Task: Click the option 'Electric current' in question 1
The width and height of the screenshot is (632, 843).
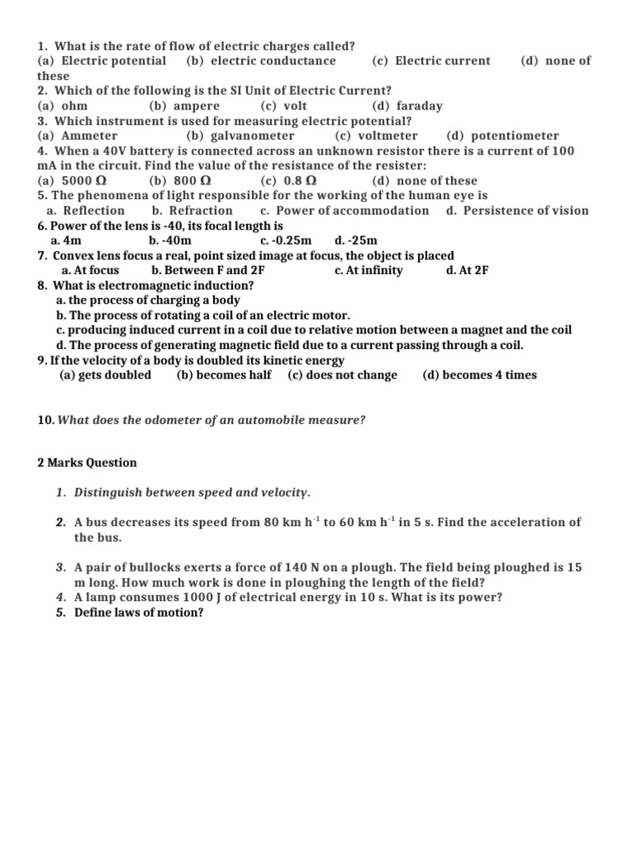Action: click(x=442, y=60)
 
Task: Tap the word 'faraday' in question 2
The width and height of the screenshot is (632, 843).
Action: click(x=419, y=105)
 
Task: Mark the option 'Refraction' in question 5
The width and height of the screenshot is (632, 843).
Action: click(x=201, y=210)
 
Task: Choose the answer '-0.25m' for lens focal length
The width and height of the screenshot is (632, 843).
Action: click(x=293, y=240)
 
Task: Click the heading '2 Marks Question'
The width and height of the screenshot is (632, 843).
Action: click(x=87, y=463)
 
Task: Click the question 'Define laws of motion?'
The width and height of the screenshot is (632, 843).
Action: click(x=138, y=612)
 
